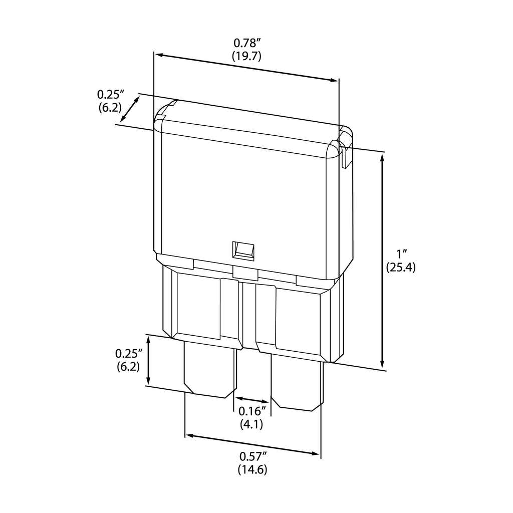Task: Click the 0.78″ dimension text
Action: coord(246,44)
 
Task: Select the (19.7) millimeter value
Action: coord(246,56)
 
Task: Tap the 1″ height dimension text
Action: coord(400,253)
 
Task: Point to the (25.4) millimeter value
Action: coord(401,267)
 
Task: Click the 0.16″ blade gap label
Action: coord(251,412)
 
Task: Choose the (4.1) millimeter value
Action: coord(251,424)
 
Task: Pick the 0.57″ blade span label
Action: coord(253,456)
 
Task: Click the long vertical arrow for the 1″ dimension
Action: coord(382,261)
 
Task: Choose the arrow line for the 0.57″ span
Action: coord(252,445)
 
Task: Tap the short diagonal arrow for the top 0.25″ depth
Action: coord(130,109)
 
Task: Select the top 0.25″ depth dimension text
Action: coord(110,94)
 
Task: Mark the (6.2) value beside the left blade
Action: coord(128,366)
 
